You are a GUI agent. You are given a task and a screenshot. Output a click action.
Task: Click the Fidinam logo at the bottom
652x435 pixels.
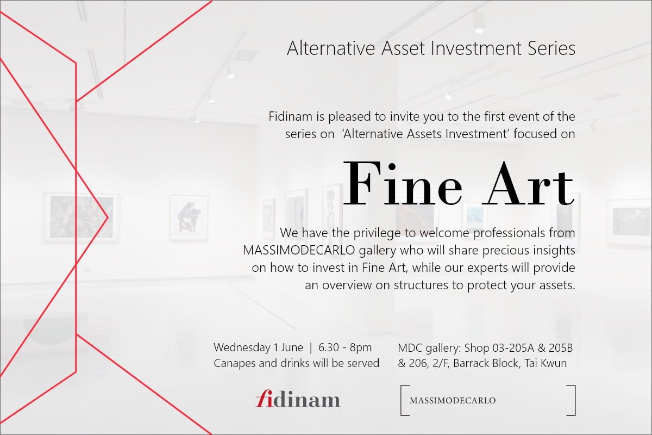(x=298, y=399)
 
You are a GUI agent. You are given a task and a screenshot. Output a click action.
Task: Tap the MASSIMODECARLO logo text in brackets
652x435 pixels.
(x=453, y=401)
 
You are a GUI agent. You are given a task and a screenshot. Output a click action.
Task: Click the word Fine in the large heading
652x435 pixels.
(x=402, y=184)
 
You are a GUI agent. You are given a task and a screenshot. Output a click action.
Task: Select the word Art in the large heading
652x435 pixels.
(x=528, y=184)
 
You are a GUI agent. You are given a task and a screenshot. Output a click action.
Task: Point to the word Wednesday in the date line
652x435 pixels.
(x=242, y=347)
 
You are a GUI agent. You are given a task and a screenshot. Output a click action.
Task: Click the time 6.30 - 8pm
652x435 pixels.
(x=345, y=347)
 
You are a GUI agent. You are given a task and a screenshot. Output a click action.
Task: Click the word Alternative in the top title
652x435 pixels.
(x=331, y=48)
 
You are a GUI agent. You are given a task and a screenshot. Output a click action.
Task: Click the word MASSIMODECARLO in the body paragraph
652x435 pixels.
(x=299, y=250)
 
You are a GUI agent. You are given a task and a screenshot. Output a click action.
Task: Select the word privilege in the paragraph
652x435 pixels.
(x=377, y=233)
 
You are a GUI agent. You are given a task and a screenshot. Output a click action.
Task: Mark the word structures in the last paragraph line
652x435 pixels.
(x=421, y=285)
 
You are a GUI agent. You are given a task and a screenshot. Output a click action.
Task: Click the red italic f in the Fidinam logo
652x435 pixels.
(x=264, y=398)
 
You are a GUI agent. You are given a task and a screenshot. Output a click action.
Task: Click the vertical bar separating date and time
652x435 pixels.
(x=311, y=348)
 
